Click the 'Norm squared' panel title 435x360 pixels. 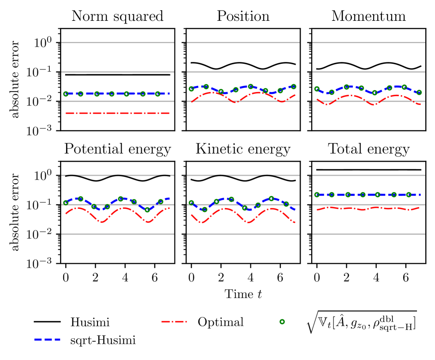coord(117,17)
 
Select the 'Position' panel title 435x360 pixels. coord(243,17)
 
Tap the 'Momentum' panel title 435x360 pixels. coord(369,17)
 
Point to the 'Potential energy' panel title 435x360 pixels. coord(117,149)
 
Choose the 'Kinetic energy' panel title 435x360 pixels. coord(243,149)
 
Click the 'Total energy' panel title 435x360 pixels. coord(369,149)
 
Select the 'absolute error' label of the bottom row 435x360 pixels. coord(17,212)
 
